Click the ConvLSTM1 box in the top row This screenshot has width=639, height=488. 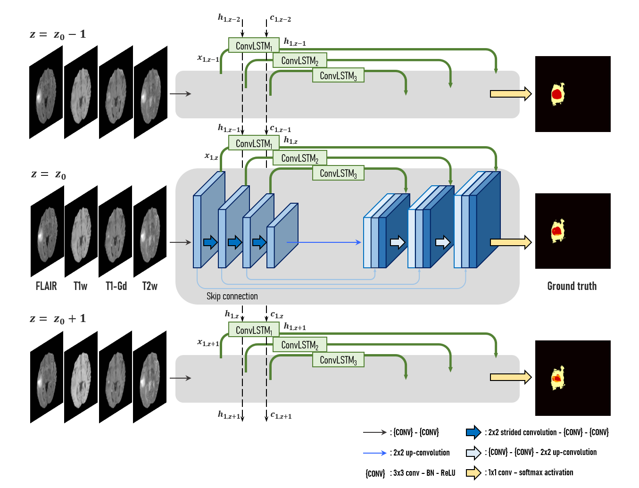point(254,46)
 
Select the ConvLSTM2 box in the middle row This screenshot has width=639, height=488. point(300,158)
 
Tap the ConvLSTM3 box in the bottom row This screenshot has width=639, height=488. point(338,360)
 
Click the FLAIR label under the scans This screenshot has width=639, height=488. point(46,286)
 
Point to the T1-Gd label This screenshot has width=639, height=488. point(116,286)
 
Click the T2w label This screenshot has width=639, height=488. point(149,286)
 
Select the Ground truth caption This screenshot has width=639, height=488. point(572,286)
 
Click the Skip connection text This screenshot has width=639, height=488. point(232,296)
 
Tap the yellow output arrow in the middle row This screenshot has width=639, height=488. point(510,242)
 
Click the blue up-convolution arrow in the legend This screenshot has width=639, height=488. point(374,453)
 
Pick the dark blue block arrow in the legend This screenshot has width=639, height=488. point(473,432)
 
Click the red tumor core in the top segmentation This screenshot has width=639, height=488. point(557,94)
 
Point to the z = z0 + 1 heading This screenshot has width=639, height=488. point(58,319)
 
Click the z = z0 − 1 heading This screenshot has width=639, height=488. point(58,34)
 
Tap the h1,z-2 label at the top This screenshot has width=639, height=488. point(229,18)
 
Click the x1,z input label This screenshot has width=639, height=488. point(211,156)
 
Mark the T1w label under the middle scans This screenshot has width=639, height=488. point(81,286)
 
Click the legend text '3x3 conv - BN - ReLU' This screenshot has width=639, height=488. point(424,473)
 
